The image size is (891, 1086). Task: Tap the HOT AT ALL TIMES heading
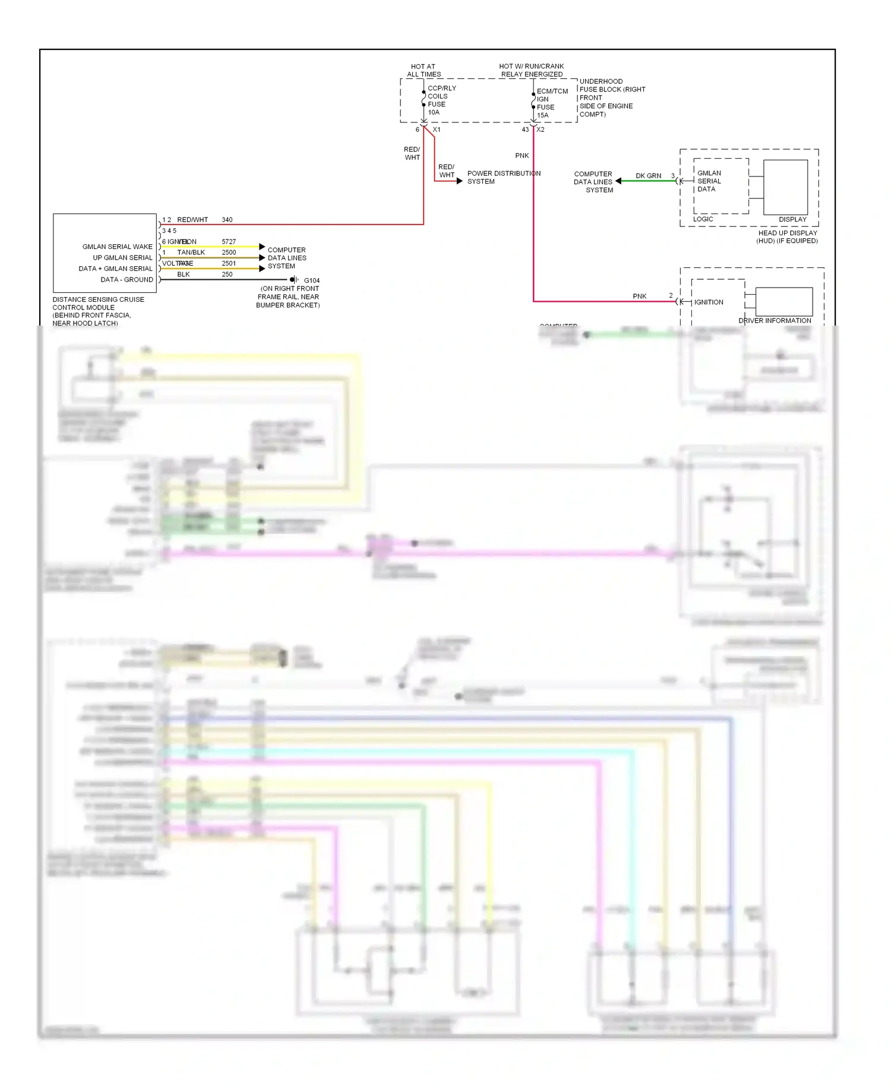coord(424,70)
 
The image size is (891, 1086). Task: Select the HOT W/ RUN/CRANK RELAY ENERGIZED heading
coord(532,70)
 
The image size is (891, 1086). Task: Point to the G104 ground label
coord(311,280)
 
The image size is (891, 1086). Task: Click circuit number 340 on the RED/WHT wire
coord(227,220)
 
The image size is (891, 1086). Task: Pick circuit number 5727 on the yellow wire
coord(229,242)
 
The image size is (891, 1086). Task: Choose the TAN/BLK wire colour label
coord(191,252)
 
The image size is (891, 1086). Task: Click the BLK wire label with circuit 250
coord(184,274)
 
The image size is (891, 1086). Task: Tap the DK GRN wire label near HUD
coord(648,176)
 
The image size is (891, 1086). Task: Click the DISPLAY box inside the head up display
coord(785,187)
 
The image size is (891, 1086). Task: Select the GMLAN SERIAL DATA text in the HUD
coord(709,181)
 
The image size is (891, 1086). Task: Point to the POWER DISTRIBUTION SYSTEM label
coord(503,177)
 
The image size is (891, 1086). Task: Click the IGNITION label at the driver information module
coord(709,302)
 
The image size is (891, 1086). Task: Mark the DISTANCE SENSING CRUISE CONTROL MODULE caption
coord(97,311)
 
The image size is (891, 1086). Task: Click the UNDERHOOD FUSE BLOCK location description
coord(611,97)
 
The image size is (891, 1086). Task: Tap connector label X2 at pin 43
coord(541,130)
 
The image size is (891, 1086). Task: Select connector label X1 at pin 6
coord(437,130)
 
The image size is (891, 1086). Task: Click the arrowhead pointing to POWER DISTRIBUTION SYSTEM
coord(459,181)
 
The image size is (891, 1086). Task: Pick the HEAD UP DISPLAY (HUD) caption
coord(787,236)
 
